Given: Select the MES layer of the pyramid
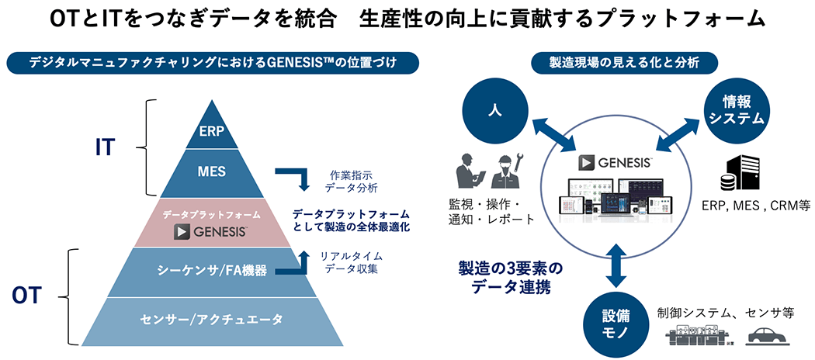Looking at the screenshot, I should tap(212, 172).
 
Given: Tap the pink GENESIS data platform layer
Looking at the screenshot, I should tap(211, 222).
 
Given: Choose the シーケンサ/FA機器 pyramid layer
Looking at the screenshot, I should tap(211, 270).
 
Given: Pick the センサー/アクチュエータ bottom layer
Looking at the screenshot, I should tap(211, 318).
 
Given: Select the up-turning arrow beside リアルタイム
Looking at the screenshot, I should tap(298, 265).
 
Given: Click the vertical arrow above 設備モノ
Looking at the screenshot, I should tap(616, 264).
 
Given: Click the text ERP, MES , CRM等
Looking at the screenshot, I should tap(755, 206).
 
